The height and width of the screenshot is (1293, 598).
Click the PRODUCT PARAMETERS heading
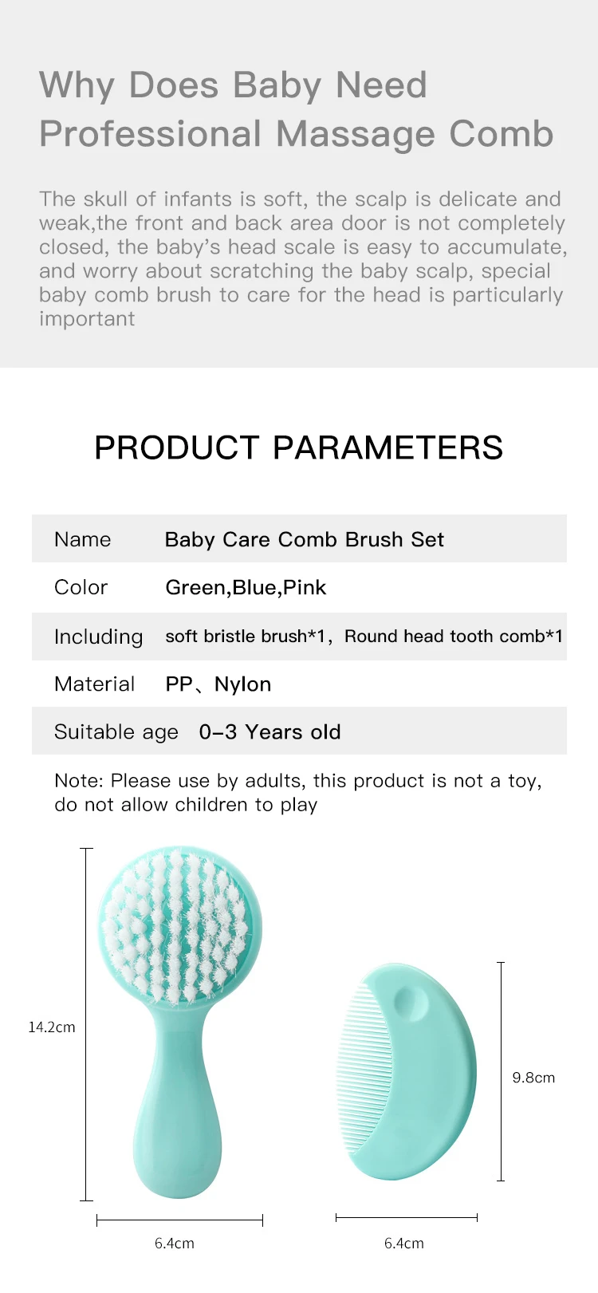pos(298,447)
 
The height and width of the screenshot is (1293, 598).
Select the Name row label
pos(82,540)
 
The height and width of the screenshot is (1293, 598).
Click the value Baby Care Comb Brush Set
pos(304,540)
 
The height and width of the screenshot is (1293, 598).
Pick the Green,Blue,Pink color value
pos(246,588)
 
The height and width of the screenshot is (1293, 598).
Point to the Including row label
pos(98,637)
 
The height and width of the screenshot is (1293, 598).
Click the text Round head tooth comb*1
pos(453,637)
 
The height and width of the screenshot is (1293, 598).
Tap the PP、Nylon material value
pos(218,684)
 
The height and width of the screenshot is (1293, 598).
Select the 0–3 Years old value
pos(269,732)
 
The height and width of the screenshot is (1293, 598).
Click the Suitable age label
pos(116,732)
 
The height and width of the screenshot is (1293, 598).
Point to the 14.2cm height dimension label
pos(52,1027)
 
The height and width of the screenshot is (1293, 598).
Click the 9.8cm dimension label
pos(533,1078)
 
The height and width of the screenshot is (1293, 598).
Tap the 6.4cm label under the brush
pos(175,1244)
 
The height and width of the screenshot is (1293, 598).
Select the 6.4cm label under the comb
pos(404,1244)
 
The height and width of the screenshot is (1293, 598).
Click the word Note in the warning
pos(78,781)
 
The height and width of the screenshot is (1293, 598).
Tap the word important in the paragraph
pos(87,319)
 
